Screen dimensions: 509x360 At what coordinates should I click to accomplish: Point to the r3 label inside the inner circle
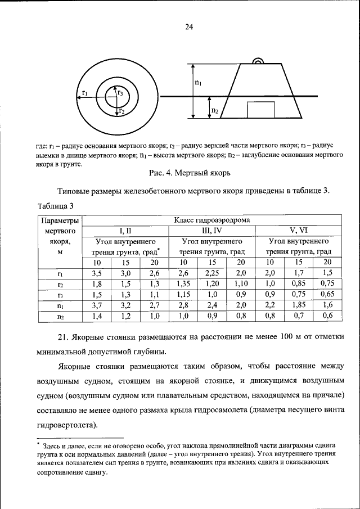[x=120, y=93]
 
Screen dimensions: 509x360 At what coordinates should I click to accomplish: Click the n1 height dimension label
[x=199, y=82]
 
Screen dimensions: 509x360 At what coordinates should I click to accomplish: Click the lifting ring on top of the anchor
[x=258, y=61]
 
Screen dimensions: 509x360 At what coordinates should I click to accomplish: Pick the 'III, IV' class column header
[x=211, y=230]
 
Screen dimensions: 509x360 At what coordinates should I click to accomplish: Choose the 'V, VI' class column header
[x=299, y=230]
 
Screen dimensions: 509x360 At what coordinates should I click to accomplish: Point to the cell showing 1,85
[x=299, y=305]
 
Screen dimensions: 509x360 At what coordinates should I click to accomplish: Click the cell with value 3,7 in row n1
[x=97, y=305]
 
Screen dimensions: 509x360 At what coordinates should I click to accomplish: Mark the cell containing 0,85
[x=299, y=283]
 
